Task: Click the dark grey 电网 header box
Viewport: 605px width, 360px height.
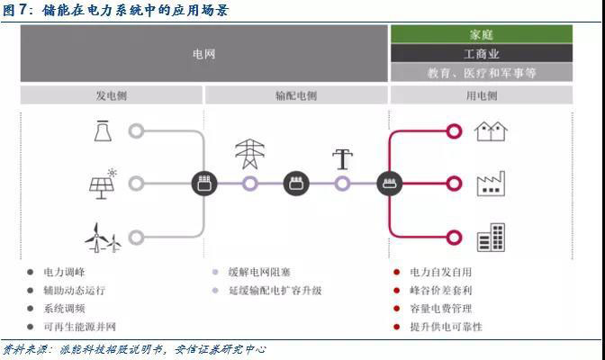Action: click(204, 54)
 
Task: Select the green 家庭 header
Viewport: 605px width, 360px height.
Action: click(482, 34)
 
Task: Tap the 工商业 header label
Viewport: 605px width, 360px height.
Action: click(482, 54)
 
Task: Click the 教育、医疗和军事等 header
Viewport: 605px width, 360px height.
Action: click(482, 73)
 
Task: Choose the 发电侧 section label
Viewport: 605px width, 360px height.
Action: click(113, 95)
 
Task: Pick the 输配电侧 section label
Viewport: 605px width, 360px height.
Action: click(296, 95)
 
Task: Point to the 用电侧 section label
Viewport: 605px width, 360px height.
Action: click(482, 95)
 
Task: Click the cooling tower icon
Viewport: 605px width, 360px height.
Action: click(101, 131)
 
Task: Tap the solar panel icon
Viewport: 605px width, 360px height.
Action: click(102, 184)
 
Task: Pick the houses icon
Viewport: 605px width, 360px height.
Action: click(491, 131)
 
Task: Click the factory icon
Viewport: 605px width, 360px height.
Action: click(491, 184)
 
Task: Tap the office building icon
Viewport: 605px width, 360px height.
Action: click(491, 238)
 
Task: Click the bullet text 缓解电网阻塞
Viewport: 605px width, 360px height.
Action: click(258, 272)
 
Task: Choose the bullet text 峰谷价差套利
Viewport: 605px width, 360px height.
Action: click(441, 290)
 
